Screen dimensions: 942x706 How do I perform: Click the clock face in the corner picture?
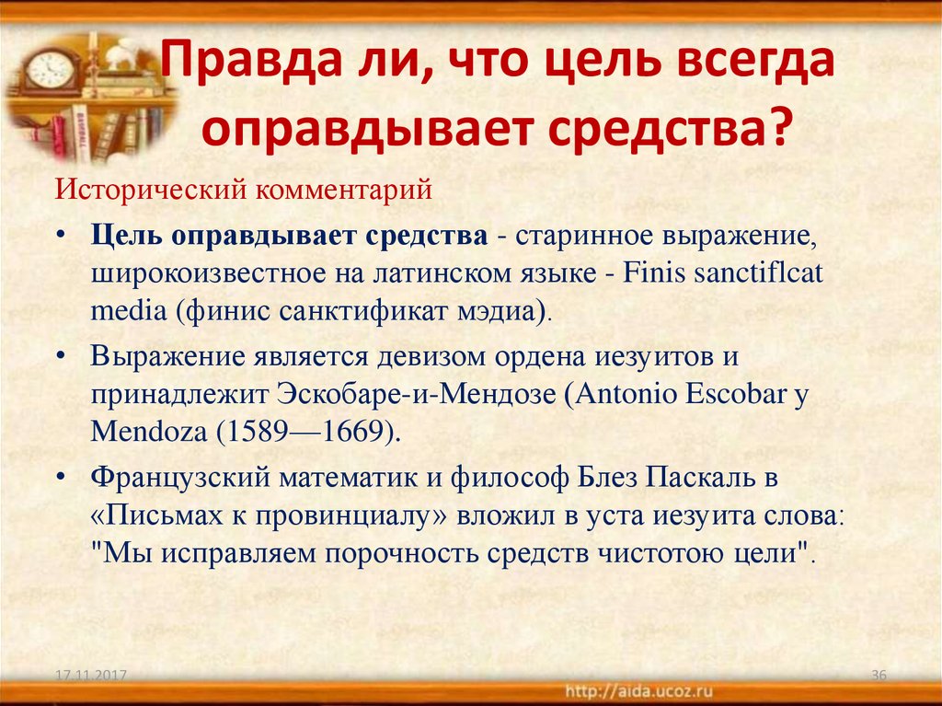(x=50, y=68)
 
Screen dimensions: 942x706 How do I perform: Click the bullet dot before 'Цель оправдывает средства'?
(x=60, y=235)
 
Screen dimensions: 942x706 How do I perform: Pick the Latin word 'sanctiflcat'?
(x=758, y=273)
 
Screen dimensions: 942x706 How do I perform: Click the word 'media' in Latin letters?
(x=128, y=311)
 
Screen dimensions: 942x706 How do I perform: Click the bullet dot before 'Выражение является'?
(x=60, y=356)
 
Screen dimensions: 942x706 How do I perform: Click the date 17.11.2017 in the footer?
(x=91, y=675)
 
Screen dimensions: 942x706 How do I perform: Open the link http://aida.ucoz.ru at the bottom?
(x=638, y=691)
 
